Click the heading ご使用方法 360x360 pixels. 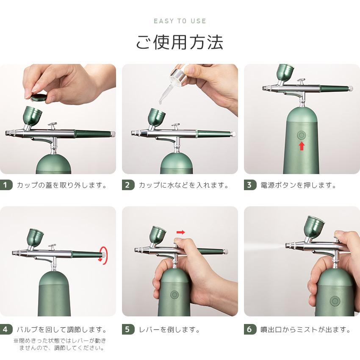(180, 42)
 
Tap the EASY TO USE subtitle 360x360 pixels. (180, 21)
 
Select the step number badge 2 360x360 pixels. (128, 185)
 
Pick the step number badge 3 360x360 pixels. (250, 185)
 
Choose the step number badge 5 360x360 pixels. (128, 330)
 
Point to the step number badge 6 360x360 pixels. (250, 330)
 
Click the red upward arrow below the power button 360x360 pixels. (302, 146)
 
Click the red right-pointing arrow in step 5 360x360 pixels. (181, 233)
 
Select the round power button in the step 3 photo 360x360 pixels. (302, 135)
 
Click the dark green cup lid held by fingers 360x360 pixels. (39, 97)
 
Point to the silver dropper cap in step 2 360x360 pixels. (179, 74)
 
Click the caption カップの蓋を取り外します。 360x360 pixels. (62, 185)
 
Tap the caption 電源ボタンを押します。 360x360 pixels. (298, 185)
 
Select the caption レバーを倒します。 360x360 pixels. (169, 330)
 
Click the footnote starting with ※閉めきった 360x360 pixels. (60, 344)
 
